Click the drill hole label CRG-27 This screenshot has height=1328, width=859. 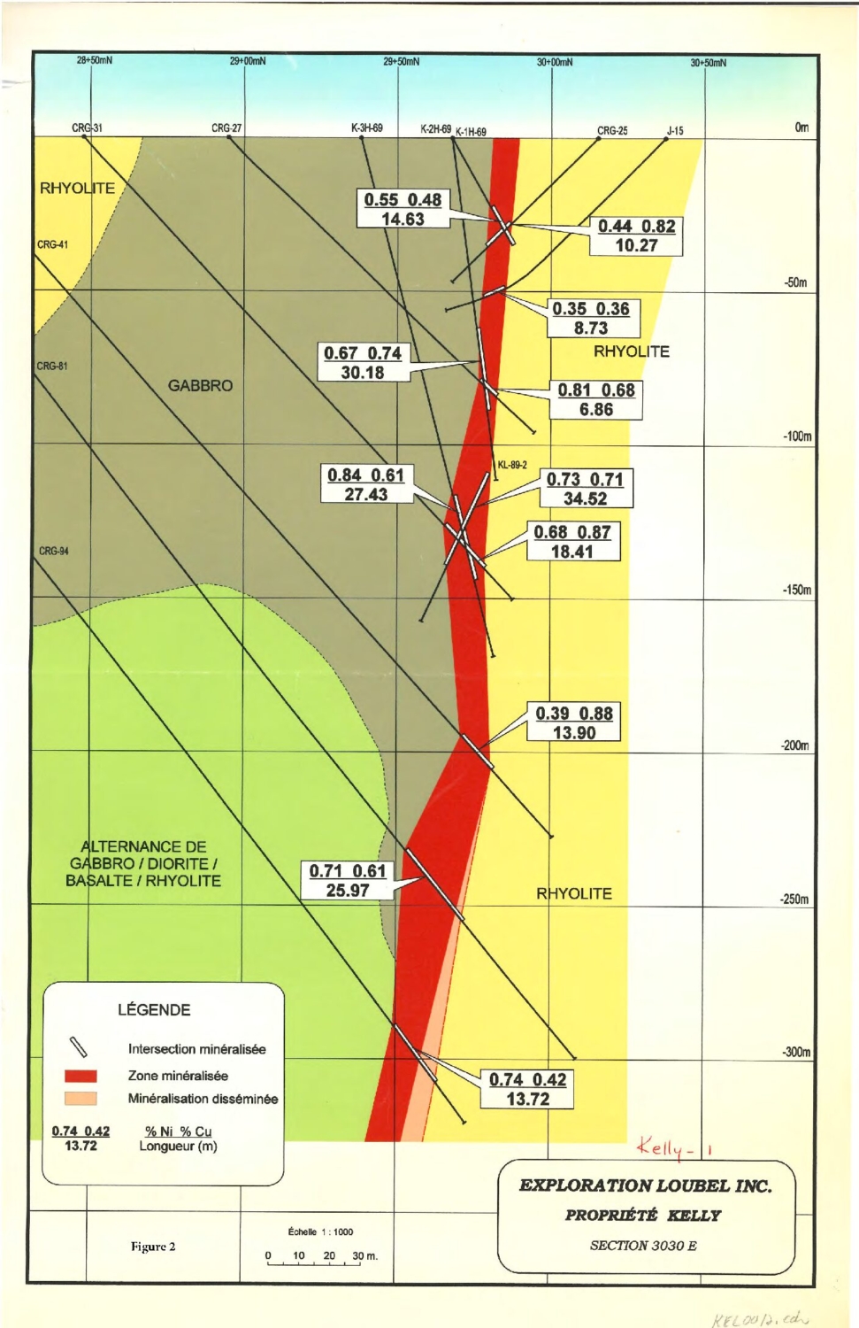tap(226, 128)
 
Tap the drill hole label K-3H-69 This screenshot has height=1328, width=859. tap(367, 128)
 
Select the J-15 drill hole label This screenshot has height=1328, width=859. tap(675, 131)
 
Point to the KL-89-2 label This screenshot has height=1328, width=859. tap(512, 465)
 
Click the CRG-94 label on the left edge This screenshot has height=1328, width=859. tap(53, 551)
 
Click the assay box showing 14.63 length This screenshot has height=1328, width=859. tap(403, 210)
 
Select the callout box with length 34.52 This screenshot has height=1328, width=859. tap(585, 489)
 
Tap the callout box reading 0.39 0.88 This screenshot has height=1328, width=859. tap(574, 722)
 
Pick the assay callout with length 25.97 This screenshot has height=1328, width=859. tap(348, 881)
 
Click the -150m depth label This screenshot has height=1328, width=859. tap(797, 591)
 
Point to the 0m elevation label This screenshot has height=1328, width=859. tap(801, 127)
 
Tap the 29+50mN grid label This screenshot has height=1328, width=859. tap(401, 62)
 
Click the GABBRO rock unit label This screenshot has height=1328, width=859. tap(201, 386)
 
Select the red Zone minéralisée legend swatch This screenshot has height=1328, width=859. tap(81, 1077)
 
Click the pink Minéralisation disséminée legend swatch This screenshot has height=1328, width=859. tap(81, 1099)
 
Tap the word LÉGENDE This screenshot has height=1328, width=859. tap(154, 1010)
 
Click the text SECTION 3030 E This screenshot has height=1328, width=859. tap(643, 1246)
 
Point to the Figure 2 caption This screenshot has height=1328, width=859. tap(153, 1247)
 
